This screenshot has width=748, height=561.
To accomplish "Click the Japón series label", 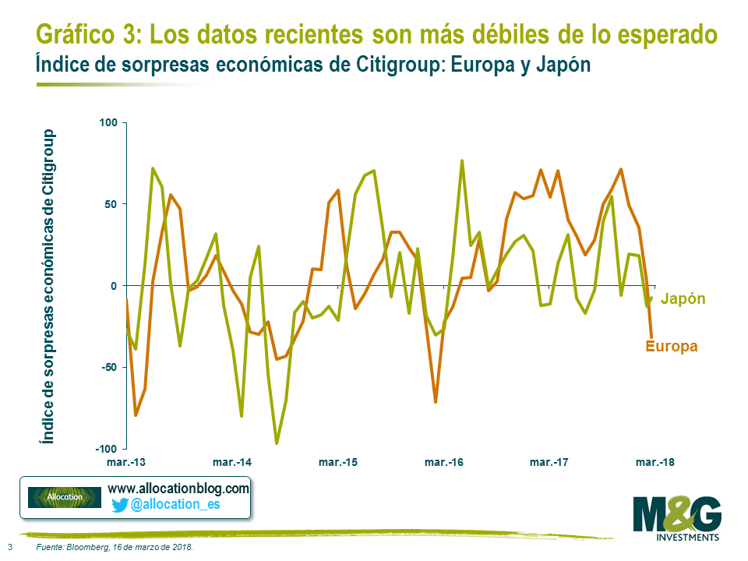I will (x=683, y=298).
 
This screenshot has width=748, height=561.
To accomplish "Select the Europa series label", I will (x=671, y=346).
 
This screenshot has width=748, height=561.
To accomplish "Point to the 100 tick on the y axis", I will (x=108, y=123).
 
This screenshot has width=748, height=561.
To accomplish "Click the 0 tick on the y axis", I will (x=112, y=286).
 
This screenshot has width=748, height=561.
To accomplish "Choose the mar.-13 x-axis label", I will (x=126, y=462).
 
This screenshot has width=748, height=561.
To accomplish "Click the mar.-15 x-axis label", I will (x=338, y=462).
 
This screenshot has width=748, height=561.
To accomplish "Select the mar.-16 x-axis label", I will (x=443, y=462).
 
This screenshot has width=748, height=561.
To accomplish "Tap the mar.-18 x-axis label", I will (x=655, y=462).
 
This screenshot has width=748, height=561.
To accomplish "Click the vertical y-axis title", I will (x=49, y=286).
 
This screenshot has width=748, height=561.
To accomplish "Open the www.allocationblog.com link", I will (x=178, y=489).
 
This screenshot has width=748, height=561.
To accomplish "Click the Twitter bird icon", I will (x=119, y=505).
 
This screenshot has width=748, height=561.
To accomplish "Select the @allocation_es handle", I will (x=175, y=505).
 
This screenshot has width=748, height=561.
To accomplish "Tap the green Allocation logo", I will (x=65, y=497).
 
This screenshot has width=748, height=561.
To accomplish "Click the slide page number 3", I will (x=9, y=547).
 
